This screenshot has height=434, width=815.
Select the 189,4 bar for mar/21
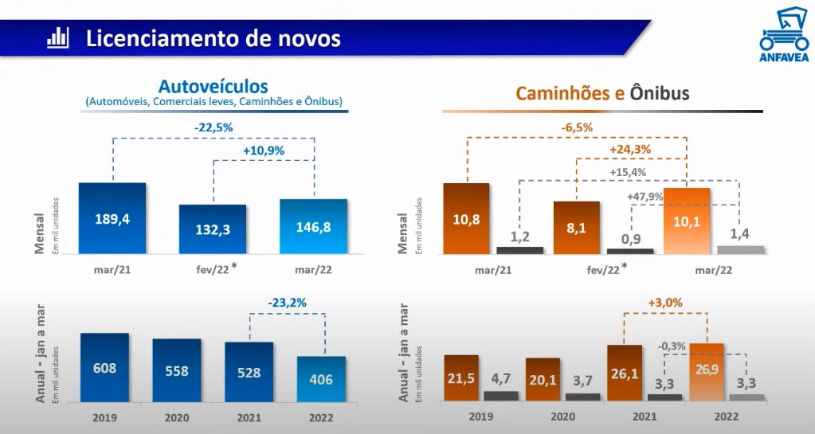[x=112, y=218]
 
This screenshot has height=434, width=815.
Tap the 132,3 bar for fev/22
[x=213, y=229]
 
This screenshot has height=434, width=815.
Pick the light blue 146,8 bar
[x=313, y=226]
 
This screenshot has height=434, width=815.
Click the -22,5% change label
[x=214, y=127]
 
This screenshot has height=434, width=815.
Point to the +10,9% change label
[x=263, y=151]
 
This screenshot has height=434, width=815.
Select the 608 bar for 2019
[x=104, y=368]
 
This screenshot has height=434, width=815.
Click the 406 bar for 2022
[x=322, y=380]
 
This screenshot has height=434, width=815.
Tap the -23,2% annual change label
[x=287, y=303]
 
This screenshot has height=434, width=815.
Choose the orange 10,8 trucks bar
[x=466, y=218]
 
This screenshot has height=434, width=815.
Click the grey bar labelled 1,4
[x=741, y=249]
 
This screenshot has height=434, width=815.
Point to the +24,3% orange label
[x=630, y=150]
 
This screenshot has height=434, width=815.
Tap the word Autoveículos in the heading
[x=214, y=86]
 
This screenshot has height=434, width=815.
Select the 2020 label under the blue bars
[x=177, y=417]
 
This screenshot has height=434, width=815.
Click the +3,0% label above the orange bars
[x=665, y=303]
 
